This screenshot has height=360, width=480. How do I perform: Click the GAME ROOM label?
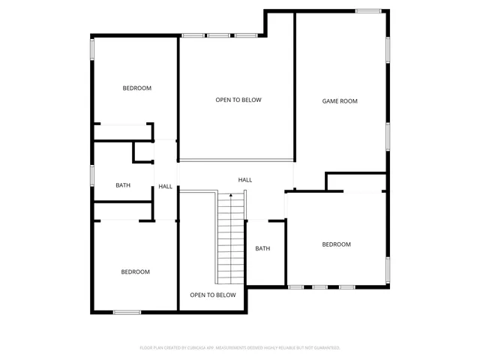click(x=340, y=100)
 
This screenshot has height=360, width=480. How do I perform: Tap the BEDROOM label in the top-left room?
click(x=136, y=88)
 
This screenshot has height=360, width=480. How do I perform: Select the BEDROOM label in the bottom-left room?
click(x=135, y=271)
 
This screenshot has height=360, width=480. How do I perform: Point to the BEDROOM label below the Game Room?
click(x=336, y=244)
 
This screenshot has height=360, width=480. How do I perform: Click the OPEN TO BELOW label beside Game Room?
click(x=238, y=100)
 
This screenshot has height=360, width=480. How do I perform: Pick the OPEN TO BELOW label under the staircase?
click(x=213, y=295)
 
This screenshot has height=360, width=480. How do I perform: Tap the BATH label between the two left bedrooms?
click(x=123, y=186)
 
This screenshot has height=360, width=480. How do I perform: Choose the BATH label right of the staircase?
click(x=262, y=249)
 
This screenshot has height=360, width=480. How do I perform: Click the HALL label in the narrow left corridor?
click(x=165, y=187)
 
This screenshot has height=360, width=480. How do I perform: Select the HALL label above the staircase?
click(x=245, y=180)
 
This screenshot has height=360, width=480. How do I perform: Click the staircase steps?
click(x=231, y=240)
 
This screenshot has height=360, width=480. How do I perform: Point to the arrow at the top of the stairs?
click(x=231, y=195)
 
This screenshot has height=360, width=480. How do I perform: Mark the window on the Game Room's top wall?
click(x=368, y=10)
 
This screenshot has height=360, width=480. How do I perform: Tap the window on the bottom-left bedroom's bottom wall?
click(x=127, y=312)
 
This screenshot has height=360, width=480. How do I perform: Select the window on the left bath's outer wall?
click(x=91, y=175)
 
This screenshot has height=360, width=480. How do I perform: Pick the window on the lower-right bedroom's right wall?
click(x=388, y=268)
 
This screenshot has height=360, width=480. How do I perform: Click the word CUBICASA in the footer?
click(x=197, y=348)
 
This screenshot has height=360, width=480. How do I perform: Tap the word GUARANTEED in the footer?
click(x=325, y=348)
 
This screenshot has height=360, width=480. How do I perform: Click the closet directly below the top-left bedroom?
click(x=121, y=132)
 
